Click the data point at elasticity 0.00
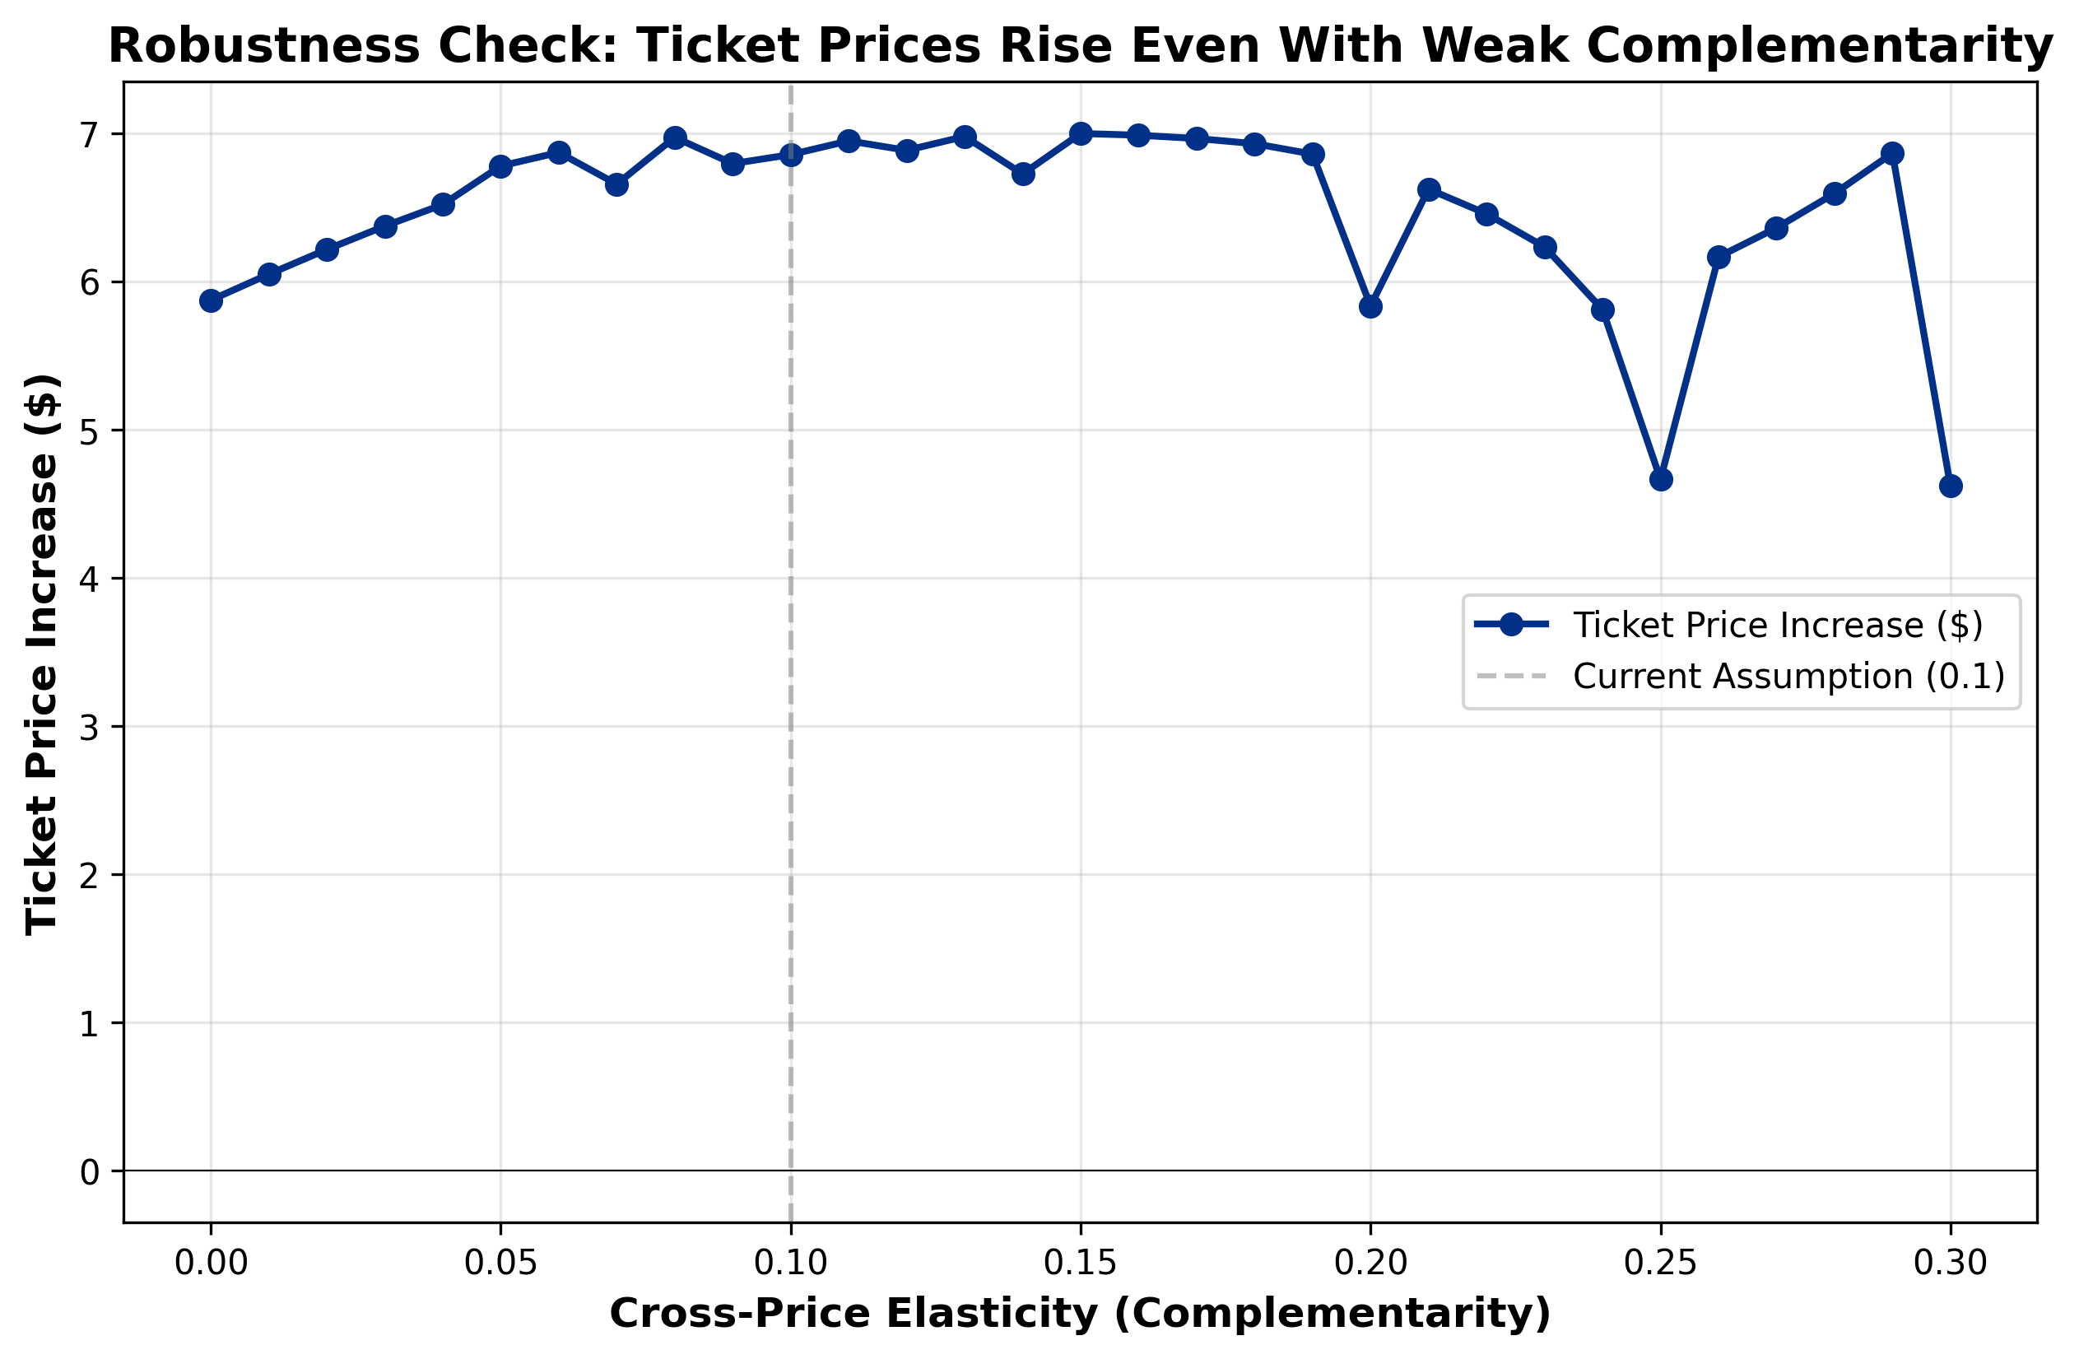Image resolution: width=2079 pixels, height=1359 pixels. pyautogui.click(x=211, y=300)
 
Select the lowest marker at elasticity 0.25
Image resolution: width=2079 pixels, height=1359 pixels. pyautogui.click(x=1662, y=480)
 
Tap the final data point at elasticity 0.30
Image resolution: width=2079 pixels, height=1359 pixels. pyautogui.click(x=1951, y=486)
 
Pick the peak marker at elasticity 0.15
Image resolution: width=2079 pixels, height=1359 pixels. pyautogui.click(x=1081, y=133)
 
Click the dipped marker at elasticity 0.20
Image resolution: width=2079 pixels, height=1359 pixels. pyautogui.click(x=1370, y=306)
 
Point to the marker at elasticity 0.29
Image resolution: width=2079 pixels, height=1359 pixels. pyautogui.click(x=1893, y=154)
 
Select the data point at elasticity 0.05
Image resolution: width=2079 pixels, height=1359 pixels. pyautogui.click(x=500, y=167)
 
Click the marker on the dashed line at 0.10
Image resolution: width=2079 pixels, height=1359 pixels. pyautogui.click(x=791, y=156)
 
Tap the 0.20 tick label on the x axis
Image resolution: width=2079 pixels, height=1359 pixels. pyautogui.click(x=1370, y=1264)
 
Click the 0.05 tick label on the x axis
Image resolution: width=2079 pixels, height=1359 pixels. pyautogui.click(x=500, y=1264)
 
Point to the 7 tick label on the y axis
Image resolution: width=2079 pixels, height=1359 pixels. pyautogui.click(x=89, y=135)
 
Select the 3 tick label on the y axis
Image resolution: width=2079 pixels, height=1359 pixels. pyautogui.click(x=89, y=728)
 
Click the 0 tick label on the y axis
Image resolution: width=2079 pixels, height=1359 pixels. pyautogui.click(x=89, y=1172)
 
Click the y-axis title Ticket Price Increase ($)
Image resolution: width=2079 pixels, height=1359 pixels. pyautogui.click(x=41, y=654)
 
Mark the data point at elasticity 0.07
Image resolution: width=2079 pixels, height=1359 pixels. pyautogui.click(x=616, y=184)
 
